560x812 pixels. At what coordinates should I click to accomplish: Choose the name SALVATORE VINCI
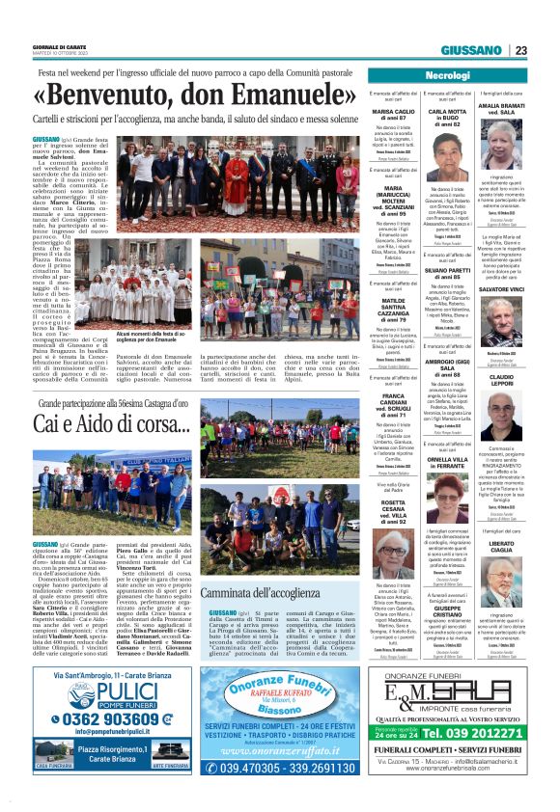point(502,289)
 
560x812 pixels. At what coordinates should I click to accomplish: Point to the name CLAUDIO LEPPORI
point(502,379)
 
